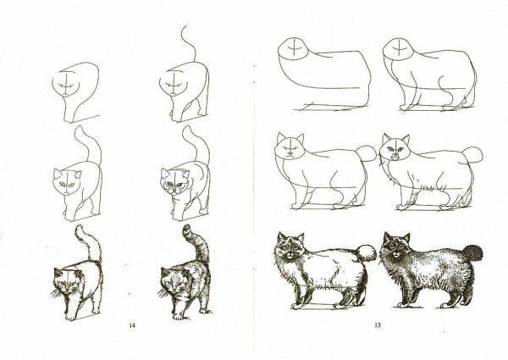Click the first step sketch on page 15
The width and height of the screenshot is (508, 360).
[x=322, y=76]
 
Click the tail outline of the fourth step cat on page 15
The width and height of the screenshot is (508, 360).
[x=475, y=154]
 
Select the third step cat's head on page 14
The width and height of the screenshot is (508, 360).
[x=65, y=180]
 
